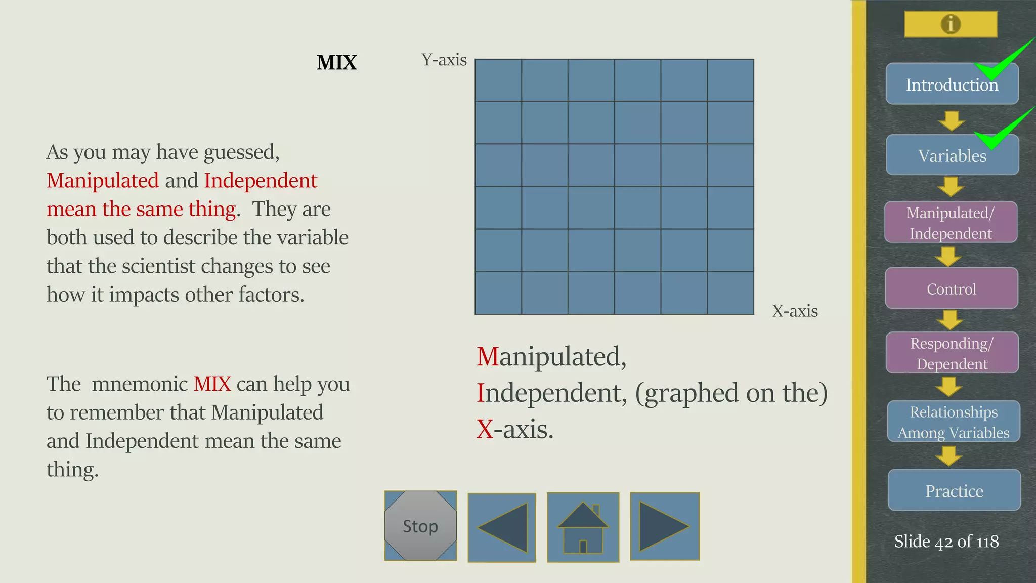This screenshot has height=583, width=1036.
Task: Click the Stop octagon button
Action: [420, 526]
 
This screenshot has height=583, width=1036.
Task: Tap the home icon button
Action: [583, 527]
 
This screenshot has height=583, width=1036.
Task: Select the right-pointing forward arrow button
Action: [665, 526]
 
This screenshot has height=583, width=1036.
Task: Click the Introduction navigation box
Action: [951, 85]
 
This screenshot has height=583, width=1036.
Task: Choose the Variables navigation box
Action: [952, 155]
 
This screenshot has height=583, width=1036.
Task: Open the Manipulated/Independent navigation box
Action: [951, 223]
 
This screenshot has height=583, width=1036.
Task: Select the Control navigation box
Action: [951, 288]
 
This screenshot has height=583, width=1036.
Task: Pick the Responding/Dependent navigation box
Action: [952, 353]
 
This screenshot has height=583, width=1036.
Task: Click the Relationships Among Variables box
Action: [953, 422]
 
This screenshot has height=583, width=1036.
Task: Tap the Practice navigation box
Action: [954, 490]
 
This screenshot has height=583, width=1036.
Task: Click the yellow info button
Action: [951, 24]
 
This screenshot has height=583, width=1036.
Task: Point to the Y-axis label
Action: [444, 60]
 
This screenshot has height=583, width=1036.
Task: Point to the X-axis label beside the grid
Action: [795, 311]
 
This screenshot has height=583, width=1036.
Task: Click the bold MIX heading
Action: [336, 63]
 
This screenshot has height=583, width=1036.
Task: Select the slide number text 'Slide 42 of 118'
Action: [946, 542]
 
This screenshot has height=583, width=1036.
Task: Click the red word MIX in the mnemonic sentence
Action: [212, 384]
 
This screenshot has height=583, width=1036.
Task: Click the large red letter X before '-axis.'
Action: [485, 429]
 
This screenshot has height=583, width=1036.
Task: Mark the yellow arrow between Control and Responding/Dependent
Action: [950, 320]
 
